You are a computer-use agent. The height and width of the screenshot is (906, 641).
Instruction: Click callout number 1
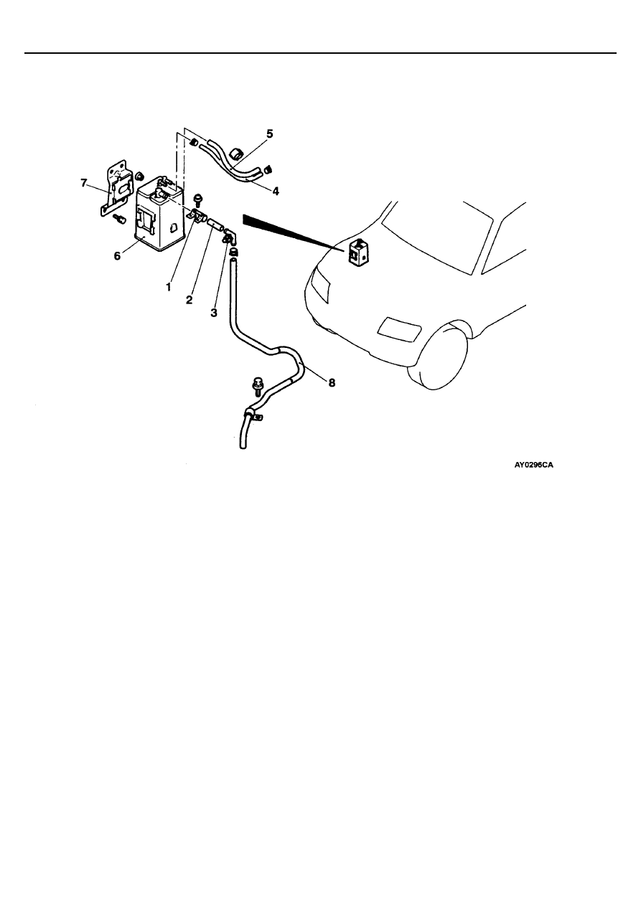click(x=169, y=287)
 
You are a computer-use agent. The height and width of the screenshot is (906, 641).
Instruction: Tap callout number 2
click(x=189, y=300)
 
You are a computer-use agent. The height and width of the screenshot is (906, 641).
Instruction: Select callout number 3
click(x=214, y=313)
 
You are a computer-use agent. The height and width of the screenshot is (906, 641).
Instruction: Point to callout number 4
click(x=276, y=191)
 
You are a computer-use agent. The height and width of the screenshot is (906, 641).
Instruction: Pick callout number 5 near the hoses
click(x=269, y=134)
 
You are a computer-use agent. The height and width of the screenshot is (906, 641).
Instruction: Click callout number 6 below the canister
click(x=117, y=256)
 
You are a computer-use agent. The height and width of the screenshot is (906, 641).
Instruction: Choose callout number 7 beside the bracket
click(x=84, y=183)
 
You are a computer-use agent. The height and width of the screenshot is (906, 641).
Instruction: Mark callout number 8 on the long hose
click(x=332, y=382)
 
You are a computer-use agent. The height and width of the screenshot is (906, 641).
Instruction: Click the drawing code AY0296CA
click(x=534, y=465)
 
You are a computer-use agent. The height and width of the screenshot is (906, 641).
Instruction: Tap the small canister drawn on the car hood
click(x=358, y=253)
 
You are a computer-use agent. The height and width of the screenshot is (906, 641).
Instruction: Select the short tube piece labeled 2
click(x=214, y=224)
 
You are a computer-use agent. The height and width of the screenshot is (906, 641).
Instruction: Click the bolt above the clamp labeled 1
click(x=198, y=200)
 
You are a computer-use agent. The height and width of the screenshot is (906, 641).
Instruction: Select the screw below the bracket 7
click(x=120, y=220)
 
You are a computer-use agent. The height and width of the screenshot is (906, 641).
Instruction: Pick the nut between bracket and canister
click(x=139, y=176)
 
